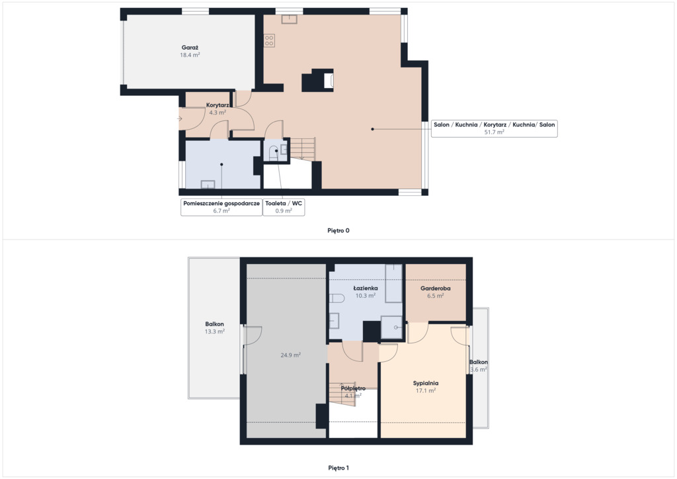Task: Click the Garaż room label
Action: pyautogui.click(x=190, y=48)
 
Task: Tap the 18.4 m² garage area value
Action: pyautogui.click(x=190, y=56)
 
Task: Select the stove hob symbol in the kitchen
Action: pyautogui.click(x=270, y=41)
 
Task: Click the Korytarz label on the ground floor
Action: pyautogui.click(x=217, y=105)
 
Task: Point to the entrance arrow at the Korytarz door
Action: pyautogui.click(x=180, y=119)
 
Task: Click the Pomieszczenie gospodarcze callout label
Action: pyautogui.click(x=221, y=203)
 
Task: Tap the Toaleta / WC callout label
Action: pyautogui.click(x=284, y=203)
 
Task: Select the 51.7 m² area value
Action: pyautogui.click(x=495, y=132)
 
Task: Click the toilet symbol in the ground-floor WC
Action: pyautogui.click(x=274, y=153)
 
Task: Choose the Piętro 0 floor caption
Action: pyautogui.click(x=338, y=230)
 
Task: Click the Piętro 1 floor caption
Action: pyautogui.click(x=338, y=468)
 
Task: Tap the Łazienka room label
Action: pyautogui.click(x=365, y=288)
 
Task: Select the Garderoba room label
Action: pyautogui.click(x=436, y=288)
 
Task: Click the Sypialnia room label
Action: pyautogui.click(x=426, y=383)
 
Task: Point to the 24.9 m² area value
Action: pyautogui.click(x=291, y=355)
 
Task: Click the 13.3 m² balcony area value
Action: pyautogui.click(x=215, y=331)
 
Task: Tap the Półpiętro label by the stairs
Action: pyautogui.click(x=353, y=388)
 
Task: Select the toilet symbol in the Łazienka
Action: pyautogui.click(x=337, y=298)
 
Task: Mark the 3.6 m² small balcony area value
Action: pyautogui.click(x=479, y=370)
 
